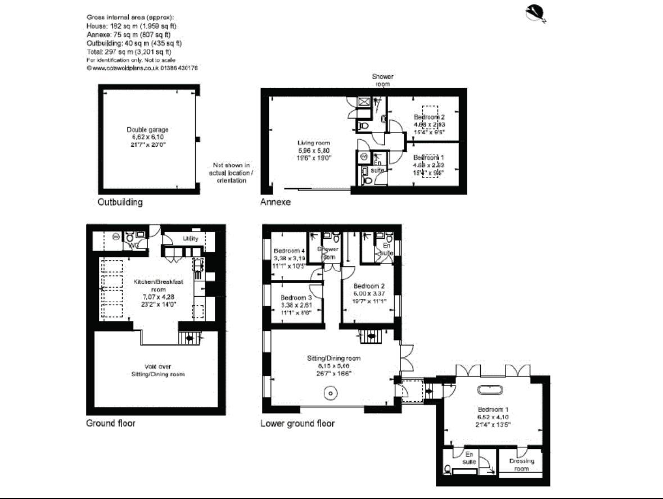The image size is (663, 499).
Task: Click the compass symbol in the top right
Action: click(x=536, y=13)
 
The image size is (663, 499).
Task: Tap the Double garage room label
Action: click(x=147, y=137)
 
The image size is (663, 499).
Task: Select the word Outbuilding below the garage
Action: click(x=120, y=202)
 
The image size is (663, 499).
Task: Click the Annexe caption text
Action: click(x=275, y=202)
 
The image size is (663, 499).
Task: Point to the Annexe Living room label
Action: click(x=313, y=151)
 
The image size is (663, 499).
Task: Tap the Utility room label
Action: click(x=190, y=239)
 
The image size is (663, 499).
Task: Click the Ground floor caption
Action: click(x=110, y=423)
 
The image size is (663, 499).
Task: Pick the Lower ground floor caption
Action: click(x=297, y=423)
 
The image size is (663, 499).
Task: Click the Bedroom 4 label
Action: click(x=289, y=258)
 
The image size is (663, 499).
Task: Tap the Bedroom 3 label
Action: click(x=296, y=305)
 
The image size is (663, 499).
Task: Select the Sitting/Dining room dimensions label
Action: click(x=333, y=365)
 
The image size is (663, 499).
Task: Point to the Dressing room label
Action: click(x=521, y=465)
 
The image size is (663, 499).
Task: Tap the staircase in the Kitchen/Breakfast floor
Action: click(x=190, y=337)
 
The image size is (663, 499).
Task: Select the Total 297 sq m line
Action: click(x=129, y=51)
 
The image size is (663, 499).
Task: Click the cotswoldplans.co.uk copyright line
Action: click(x=142, y=67)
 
